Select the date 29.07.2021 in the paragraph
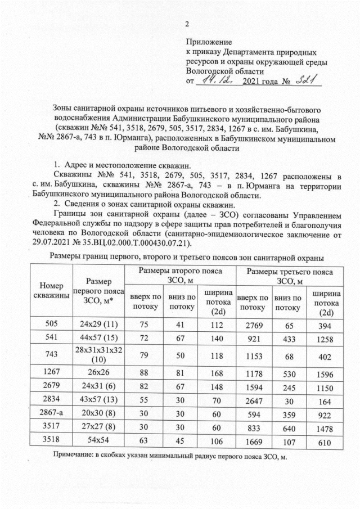(x=54, y=242)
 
